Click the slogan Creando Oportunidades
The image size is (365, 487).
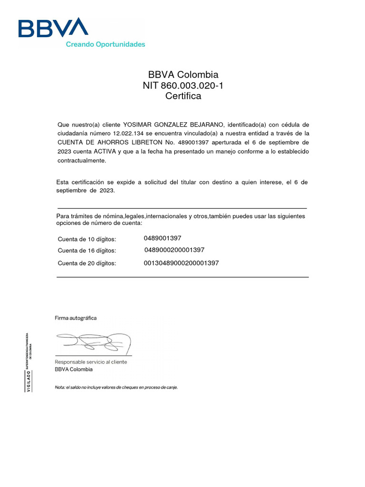pyautogui.click(x=105, y=44)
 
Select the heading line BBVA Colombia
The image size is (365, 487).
pyautogui.click(x=183, y=75)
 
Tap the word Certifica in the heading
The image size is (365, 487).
pyautogui.click(x=183, y=96)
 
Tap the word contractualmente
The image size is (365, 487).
pyautogui.click(x=82, y=160)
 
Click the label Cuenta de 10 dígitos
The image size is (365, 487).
pyautogui.click(x=86, y=239)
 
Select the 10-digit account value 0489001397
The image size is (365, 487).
pyautogui.click(x=162, y=238)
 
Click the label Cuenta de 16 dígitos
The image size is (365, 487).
pyautogui.click(x=86, y=251)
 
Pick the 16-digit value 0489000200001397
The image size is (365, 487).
pyautogui.click(x=174, y=250)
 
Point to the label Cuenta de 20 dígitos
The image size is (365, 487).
pyautogui.click(x=86, y=263)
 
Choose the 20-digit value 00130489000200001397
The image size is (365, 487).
pyautogui.click(x=181, y=263)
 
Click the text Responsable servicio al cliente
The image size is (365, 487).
pyautogui.click(x=91, y=362)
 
